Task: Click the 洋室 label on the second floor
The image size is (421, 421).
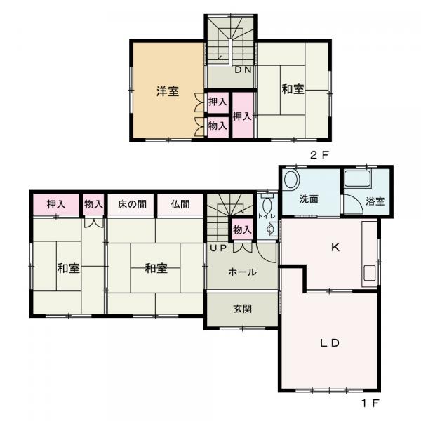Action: (167, 91)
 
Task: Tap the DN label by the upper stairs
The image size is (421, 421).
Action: (243, 70)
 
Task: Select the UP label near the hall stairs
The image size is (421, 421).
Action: (215, 248)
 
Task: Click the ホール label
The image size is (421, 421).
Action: (242, 272)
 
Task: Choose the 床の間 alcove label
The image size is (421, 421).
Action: (132, 204)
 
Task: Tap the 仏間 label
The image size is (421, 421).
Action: (180, 204)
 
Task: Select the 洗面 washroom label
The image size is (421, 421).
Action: (309, 199)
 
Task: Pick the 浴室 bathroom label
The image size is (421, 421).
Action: (375, 201)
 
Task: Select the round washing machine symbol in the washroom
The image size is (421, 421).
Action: (293, 179)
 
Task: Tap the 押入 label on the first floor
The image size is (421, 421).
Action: (57, 204)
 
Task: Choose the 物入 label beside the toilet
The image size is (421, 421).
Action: (242, 229)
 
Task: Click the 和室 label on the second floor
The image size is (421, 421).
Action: (293, 89)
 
